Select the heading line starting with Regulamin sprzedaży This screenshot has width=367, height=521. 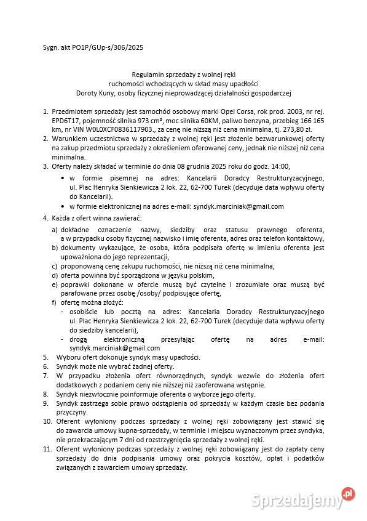(183, 73)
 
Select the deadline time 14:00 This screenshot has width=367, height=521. (297, 166)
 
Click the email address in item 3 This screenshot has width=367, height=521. (239, 206)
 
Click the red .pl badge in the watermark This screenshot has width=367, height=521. (349, 493)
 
